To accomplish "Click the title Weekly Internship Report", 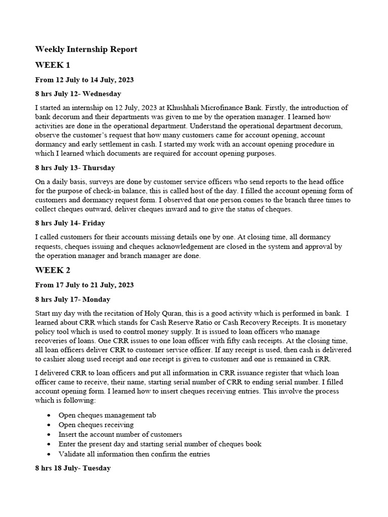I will coord(86,49).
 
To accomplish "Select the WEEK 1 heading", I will coord(53,65).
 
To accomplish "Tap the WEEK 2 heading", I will coord(53,270).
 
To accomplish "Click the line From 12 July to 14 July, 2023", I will coord(84,80).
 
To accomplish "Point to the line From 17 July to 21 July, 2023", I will coord(84,285).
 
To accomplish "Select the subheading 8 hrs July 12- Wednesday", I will coord(78,94).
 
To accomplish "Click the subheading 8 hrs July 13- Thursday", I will coord(75,168).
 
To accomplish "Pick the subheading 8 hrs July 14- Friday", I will coord(70,223).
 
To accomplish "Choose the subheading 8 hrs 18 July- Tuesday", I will coord(73,468).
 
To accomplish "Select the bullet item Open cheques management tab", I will coord(107,415).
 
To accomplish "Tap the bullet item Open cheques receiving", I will coord(96,425).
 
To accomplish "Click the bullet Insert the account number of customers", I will coord(120,434).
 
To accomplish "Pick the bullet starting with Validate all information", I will coord(134,454).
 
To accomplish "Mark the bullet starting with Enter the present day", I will coord(160,444).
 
